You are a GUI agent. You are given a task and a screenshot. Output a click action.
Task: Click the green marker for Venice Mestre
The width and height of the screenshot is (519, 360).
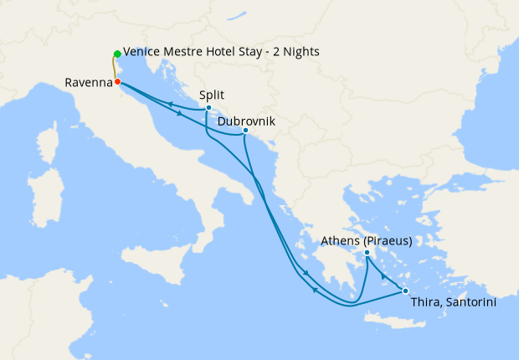click(x=117, y=54)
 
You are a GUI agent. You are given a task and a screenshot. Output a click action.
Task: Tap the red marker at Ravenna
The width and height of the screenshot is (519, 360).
click(x=118, y=82)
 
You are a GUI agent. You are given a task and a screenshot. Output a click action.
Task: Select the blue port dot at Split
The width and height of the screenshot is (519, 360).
click(x=208, y=108)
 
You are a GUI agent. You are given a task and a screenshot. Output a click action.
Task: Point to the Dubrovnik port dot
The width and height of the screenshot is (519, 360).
click(x=244, y=130)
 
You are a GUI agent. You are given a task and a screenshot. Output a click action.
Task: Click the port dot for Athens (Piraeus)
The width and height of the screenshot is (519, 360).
click(x=367, y=252)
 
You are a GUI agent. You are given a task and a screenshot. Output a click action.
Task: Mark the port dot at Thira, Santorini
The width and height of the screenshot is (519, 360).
click(x=405, y=291)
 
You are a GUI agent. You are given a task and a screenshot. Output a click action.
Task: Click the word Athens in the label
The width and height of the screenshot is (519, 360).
click(x=342, y=241)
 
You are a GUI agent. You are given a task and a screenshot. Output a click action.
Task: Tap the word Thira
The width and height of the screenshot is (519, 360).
click(x=427, y=303)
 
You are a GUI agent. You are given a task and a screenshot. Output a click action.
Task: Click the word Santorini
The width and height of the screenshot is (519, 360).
click(x=471, y=303)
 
